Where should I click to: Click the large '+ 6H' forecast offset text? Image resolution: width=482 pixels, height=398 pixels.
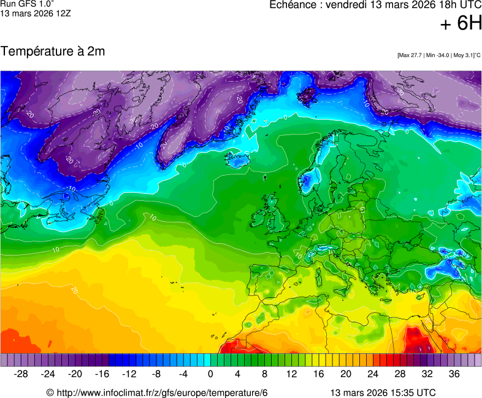pyautogui.click(x=461, y=24)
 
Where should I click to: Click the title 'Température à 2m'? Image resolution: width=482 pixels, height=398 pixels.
pyautogui.click(x=53, y=52)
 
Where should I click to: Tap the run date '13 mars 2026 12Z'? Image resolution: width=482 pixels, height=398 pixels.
pyautogui.click(x=36, y=13)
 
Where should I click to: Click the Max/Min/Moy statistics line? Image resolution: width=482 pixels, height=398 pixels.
pyautogui.click(x=438, y=55)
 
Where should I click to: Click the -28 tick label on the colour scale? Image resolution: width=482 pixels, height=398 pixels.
pyautogui.click(x=21, y=373)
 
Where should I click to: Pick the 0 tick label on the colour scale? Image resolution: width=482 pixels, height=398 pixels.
pyautogui.click(x=210, y=373)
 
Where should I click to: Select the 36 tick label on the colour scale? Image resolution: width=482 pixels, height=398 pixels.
pyautogui.click(x=454, y=373)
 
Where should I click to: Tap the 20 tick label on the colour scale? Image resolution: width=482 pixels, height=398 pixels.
pyautogui.click(x=346, y=373)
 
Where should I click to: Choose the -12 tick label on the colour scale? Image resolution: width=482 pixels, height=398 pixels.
pyautogui.click(x=129, y=373)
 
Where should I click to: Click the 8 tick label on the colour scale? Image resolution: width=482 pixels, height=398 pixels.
pyautogui.click(x=265, y=373)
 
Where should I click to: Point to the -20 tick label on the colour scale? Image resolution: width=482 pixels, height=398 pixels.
pyautogui.click(x=75, y=373)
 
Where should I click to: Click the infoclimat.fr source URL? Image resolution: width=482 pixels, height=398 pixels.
pyautogui.click(x=158, y=392)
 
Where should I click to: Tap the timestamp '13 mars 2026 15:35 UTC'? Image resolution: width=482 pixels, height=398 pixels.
pyautogui.click(x=383, y=392)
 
